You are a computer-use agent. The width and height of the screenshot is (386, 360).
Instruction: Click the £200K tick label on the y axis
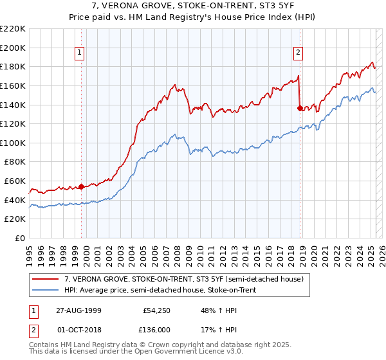(x=13, y=48)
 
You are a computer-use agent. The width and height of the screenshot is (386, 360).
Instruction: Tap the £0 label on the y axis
(x=20, y=239)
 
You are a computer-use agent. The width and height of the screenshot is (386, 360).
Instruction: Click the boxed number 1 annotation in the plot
(x=79, y=53)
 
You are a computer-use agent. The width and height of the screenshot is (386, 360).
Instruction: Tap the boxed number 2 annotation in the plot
(x=299, y=53)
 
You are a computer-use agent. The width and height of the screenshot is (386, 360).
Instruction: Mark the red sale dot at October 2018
(x=300, y=108)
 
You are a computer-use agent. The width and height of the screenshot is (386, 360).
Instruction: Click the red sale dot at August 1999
(x=82, y=186)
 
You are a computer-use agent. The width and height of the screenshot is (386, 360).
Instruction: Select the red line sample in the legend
(x=46, y=278)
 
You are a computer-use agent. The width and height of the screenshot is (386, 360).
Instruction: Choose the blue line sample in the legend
(x=46, y=290)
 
